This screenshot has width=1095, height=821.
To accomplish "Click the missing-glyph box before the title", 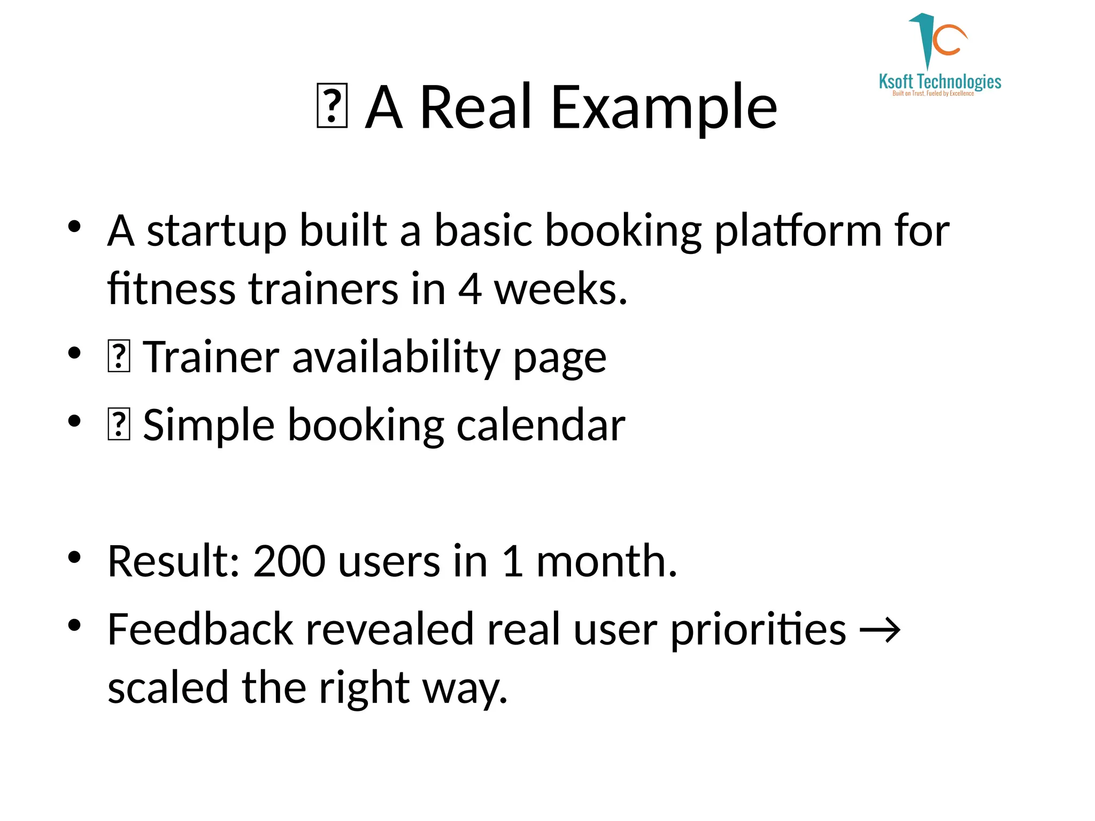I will pos(332,106).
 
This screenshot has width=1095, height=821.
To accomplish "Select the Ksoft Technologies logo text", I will pos(939,82).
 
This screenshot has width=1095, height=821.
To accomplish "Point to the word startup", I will pos(216,231).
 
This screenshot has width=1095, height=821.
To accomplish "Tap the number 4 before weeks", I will pos(469,289).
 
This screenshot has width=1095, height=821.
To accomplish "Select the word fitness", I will pos(171,289).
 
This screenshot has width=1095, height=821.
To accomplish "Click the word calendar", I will pos(541,425).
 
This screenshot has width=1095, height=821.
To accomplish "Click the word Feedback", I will pos(200,630).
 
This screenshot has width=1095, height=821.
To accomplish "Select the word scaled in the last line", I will pos(168,688).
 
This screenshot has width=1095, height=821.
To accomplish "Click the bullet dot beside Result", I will pos(74,557).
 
